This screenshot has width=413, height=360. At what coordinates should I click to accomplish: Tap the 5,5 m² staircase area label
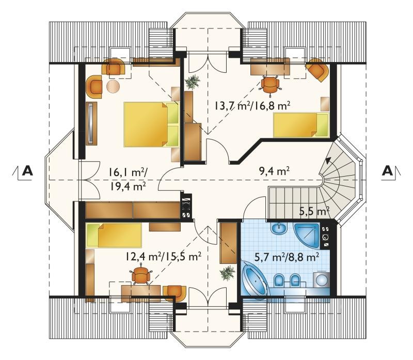tap(315, 211)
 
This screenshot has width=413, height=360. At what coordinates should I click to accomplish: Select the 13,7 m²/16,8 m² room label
tap(252, 106)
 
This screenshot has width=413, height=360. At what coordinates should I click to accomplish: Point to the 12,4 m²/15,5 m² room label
tap(163, 256)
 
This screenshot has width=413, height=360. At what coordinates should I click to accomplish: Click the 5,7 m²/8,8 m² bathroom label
tap(287, 256)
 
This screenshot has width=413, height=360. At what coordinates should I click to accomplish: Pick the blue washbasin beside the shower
tap(279, 228)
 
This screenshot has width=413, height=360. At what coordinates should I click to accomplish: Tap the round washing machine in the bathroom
tap(322, 280)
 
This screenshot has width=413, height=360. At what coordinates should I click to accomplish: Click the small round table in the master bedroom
tap(113, 86)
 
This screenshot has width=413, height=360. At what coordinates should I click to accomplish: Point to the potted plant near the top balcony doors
tap(193, 82)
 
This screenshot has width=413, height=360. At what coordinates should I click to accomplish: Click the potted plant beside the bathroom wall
tap(227, 273)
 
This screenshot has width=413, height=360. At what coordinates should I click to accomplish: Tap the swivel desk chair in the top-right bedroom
tap(270, 84)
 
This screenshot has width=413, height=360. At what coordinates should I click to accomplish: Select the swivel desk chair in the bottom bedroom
tap(141, 276)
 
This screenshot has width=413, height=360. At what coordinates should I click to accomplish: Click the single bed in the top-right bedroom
tap(301, 125)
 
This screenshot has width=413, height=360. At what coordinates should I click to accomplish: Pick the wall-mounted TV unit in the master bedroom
tap(91, 123)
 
